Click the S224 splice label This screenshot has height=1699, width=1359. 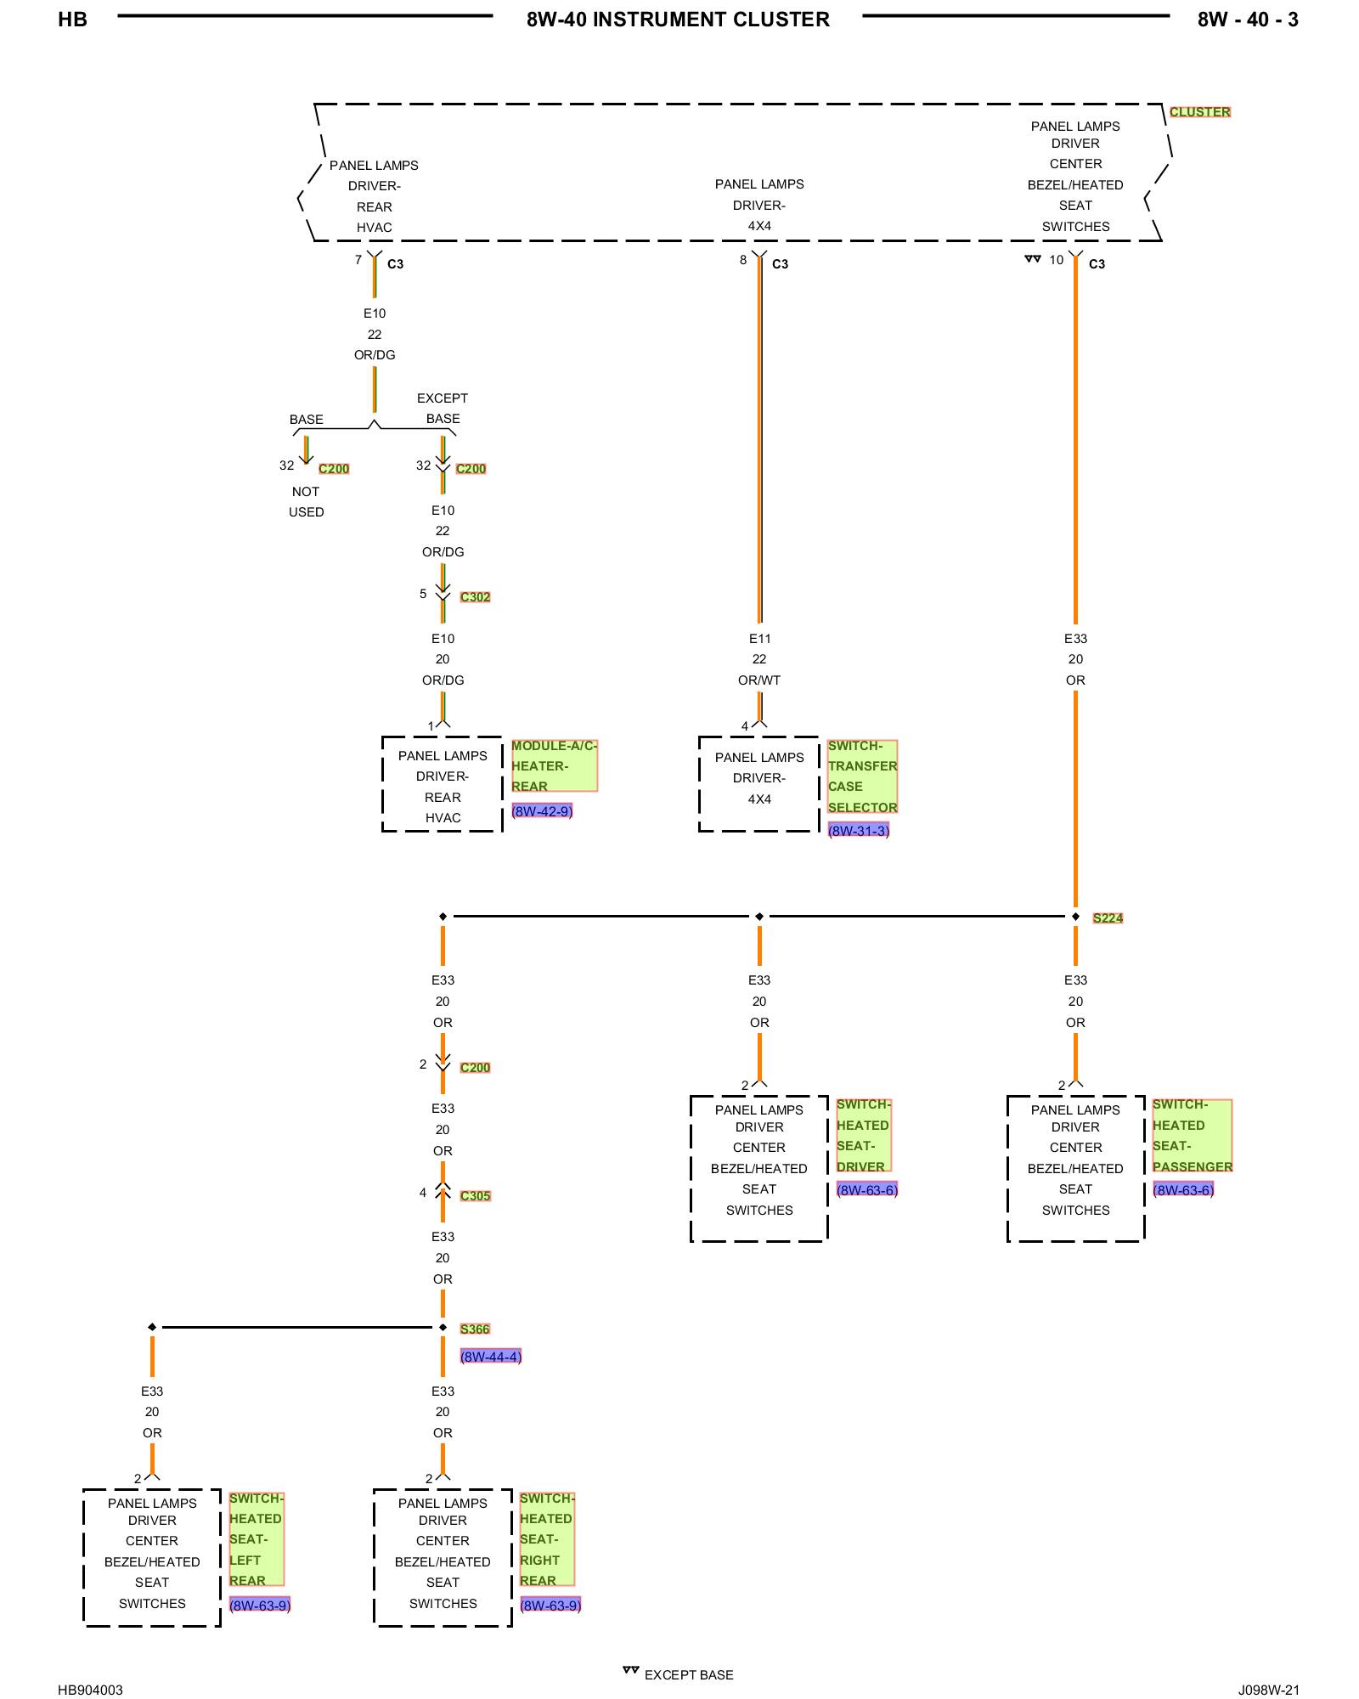click(x=1108, y=917)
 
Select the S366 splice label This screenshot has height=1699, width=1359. click(x=475, y=1329)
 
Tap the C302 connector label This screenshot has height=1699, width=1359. click(x=475, y=596)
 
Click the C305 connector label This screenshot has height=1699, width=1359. click(x=475, y=1195)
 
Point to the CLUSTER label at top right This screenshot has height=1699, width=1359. click(x=1199, y=111)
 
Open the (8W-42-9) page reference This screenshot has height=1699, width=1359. click(x=542, y=811)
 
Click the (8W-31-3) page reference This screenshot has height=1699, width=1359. click(x=859, y=831)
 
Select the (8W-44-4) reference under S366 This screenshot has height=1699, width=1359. click(x=491, y=1357)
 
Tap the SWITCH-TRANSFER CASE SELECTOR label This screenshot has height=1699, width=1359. click(x=862, y=776)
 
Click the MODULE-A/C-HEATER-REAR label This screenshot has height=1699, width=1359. click(x=554, y=765)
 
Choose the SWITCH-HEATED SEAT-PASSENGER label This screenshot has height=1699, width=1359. click(x=1192, y=1135)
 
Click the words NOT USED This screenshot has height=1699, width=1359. click(x=306, y=501)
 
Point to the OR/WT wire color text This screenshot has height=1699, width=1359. click(x=759, y=680)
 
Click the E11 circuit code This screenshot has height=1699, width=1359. click(x=759, y=639)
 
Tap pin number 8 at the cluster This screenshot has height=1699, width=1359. click(x=743, y=260)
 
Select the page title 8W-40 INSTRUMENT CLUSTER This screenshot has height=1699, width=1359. click(x=678, y=20)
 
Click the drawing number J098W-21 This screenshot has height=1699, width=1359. click(x=1268, y=1690)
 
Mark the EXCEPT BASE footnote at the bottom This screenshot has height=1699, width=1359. click(x=689, y=1674)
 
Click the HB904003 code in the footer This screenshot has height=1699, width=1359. click(x=90, y=1690)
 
